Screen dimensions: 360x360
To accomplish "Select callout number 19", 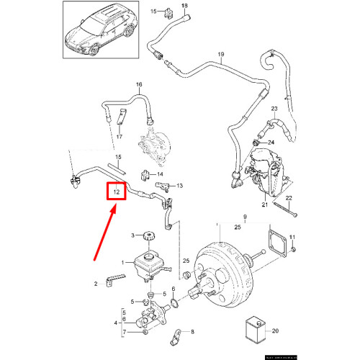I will [221, 55].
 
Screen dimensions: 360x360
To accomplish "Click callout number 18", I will [183, 6].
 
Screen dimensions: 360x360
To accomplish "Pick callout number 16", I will [140, 85].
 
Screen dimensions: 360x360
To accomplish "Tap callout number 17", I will [120, 137].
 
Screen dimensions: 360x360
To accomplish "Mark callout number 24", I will [271, 143].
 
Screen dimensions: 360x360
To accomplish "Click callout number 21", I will [264, 204].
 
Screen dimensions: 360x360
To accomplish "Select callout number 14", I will [160, 174].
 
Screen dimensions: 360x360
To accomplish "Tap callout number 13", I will [180, 186].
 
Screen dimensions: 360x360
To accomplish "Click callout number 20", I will [274, 332].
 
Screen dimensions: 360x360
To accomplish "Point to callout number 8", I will [192, 332].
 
